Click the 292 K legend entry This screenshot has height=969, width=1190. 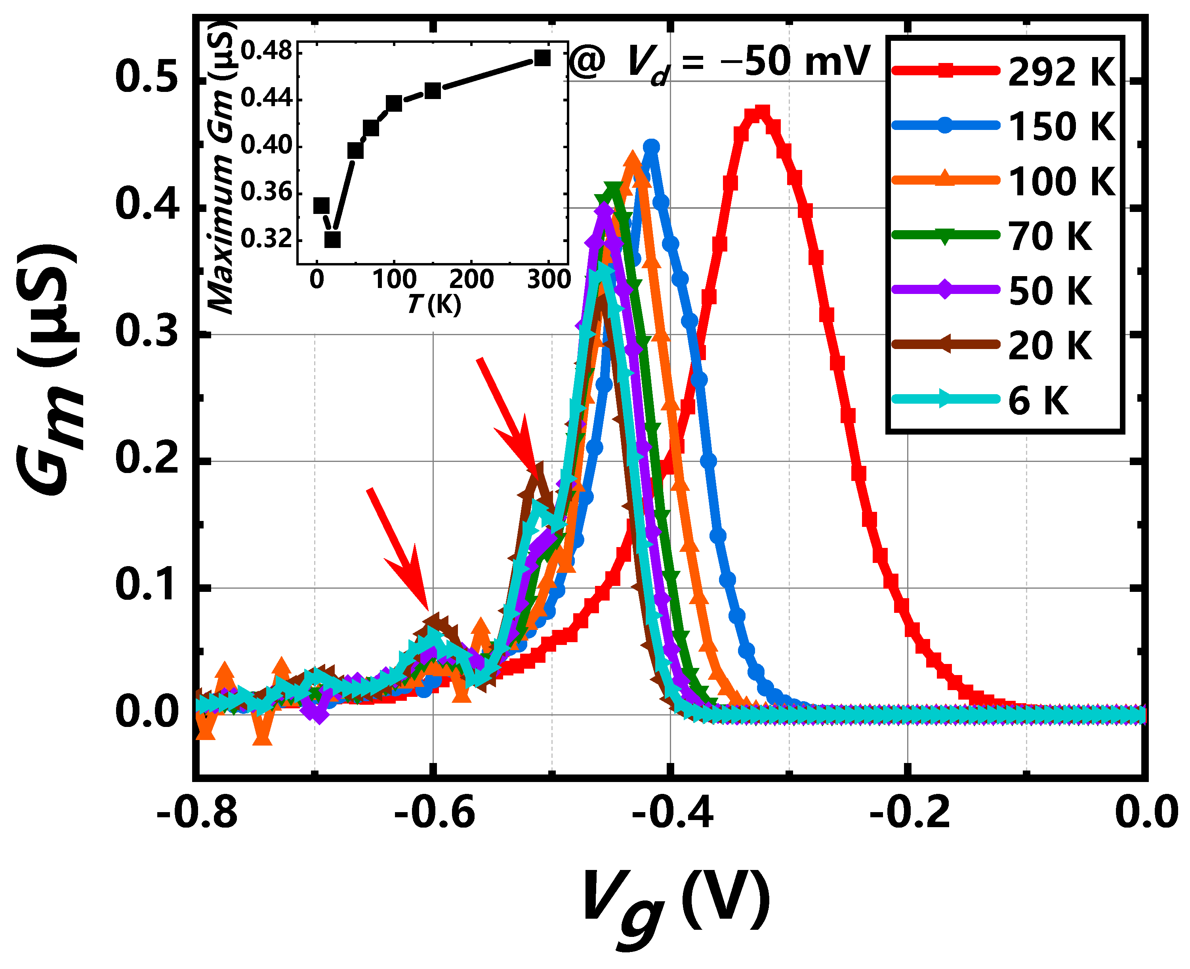click(1005, 71)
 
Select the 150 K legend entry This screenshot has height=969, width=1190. click(1005, 126)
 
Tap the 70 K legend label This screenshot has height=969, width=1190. click(1049, 236)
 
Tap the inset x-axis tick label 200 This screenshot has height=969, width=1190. click(472, 279)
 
